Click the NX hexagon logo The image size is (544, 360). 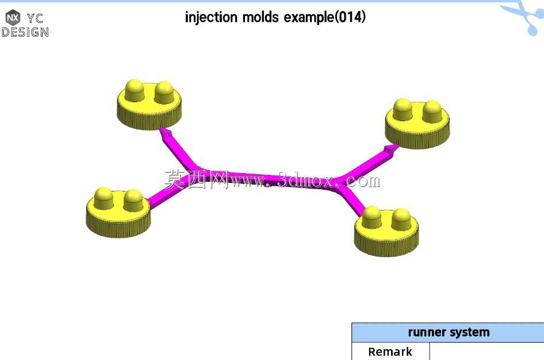click(x=13, y=17)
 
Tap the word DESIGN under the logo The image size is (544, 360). click(x=25, y=32)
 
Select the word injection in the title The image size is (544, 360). click(x=211, y=17)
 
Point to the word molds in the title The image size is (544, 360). click(x=260, y=17)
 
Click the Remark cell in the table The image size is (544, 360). click(x=390, y=351)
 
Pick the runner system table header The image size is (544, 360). click(x=448, y=332)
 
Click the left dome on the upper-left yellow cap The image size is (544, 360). click(x=134, y=90)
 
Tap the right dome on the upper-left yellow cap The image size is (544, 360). click(x=164, y=92)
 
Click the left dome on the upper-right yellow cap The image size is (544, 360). click(x=403, y=109)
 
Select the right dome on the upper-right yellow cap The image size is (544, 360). click(x=432, y=112)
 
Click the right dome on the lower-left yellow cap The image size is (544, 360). click(x=133, y=200)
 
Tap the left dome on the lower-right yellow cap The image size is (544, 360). click(x=371, y=217)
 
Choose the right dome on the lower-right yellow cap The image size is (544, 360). click(x=401, y=219)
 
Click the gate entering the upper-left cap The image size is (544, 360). click(x=166, y=133)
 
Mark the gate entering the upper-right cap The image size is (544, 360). click(x=391, y=150)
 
